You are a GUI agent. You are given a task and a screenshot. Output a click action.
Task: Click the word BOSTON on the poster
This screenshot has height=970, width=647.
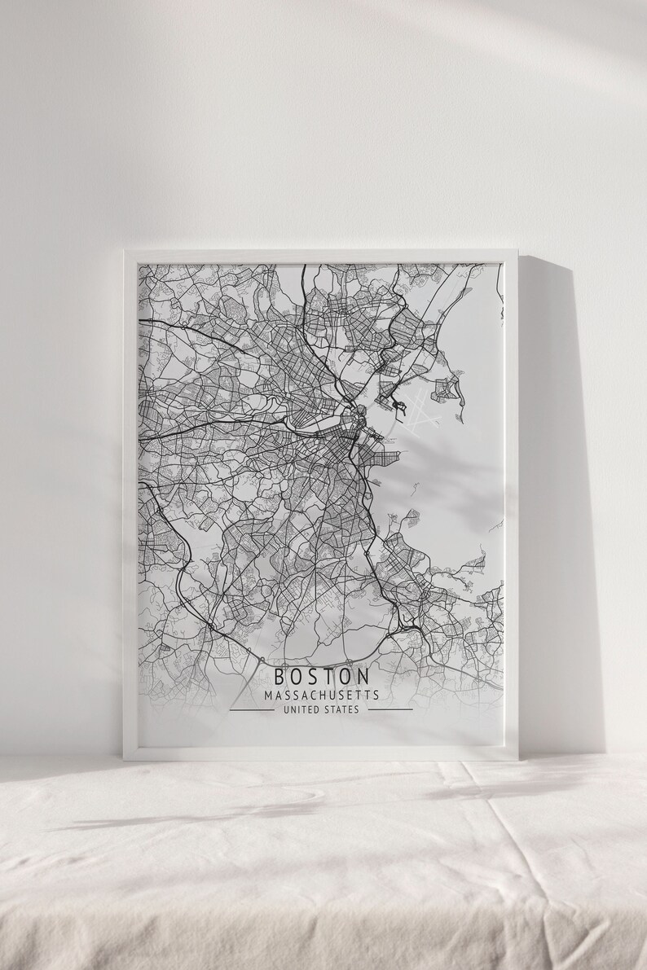[x=321, y=676]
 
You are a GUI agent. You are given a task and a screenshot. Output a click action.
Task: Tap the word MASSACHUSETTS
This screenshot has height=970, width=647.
[x=321, y=696]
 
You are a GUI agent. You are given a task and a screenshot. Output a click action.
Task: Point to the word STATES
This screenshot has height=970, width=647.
[x=341, y=710]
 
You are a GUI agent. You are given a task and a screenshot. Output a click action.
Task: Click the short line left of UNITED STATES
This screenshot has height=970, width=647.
[x=252, y=710]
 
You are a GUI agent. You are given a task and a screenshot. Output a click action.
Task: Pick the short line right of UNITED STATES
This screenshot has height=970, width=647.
[x=390, y=710]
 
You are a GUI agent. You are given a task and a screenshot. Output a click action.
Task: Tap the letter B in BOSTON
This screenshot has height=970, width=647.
[x=279, y=676]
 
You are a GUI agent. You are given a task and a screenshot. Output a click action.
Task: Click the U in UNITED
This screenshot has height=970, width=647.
[x=285, y=710]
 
